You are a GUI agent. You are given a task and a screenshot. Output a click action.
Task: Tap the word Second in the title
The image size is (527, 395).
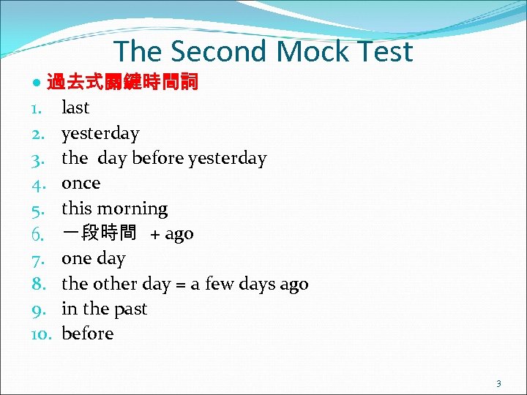(x=220, y=51)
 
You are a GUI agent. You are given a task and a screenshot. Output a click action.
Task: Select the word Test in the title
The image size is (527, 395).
(x=384, y=51)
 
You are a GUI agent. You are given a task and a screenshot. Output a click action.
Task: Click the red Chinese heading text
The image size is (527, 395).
(x=122, y=82)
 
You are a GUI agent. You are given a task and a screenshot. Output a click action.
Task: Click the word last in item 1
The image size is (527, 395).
(x=75, y=108)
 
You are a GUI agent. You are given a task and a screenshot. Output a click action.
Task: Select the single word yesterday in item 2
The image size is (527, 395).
(x=100, y=133)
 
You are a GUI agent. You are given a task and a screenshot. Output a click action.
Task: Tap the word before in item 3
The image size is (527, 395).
(x=157, y=158)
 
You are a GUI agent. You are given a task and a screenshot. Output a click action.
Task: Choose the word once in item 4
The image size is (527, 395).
(x=81, y=183)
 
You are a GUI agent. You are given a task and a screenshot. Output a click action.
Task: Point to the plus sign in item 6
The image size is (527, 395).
(x=155, y=234)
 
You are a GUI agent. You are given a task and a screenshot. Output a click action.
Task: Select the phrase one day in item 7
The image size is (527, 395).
(x=93, y=258)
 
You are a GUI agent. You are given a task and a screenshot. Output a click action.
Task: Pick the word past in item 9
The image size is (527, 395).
(x=130, y=309)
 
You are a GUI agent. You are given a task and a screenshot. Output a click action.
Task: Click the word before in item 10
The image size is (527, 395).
(x=88, y=334)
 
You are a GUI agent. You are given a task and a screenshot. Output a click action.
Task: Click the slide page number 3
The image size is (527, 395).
(x=498, y=383)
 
